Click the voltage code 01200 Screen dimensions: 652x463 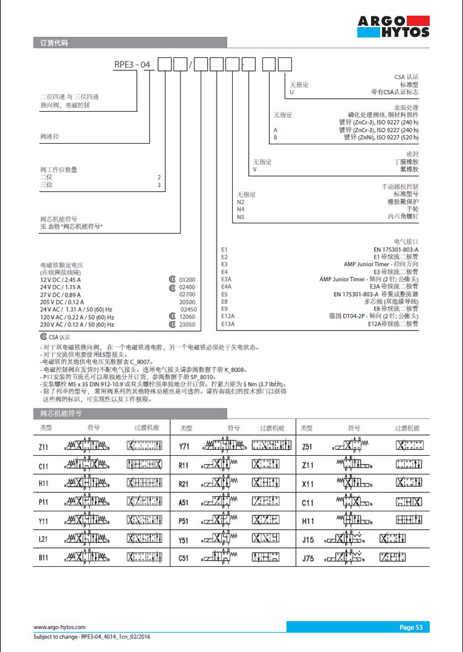point(187,280)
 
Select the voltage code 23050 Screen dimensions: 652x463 point(187,324)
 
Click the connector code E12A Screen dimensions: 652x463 point(228,316)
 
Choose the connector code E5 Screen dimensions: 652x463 point(225,294)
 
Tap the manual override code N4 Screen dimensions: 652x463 point(241,209)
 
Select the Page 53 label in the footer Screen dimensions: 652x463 point(411,627)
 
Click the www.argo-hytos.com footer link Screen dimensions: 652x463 point(59,627)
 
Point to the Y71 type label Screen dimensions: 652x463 point(184,446)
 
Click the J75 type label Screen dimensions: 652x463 point(308,559)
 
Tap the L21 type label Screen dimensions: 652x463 point(43,539)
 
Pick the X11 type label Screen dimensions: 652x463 point(308,484)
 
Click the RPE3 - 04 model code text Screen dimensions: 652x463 point(133,64)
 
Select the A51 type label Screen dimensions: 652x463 point(184,503)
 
